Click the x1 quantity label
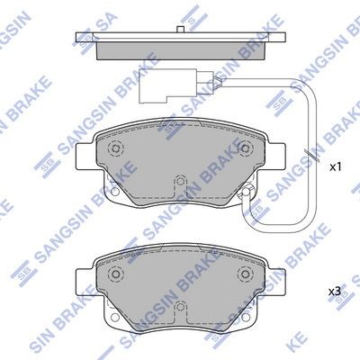[336, 167]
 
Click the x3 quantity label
[335, 292]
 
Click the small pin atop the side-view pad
[180, 30]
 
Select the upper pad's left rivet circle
[116, 148]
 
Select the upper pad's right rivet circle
[245, 148]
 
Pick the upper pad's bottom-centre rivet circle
[180, 181]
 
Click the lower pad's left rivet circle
[116, 274]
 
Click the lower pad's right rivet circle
[245, 274]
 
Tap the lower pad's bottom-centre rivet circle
[180, 306]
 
